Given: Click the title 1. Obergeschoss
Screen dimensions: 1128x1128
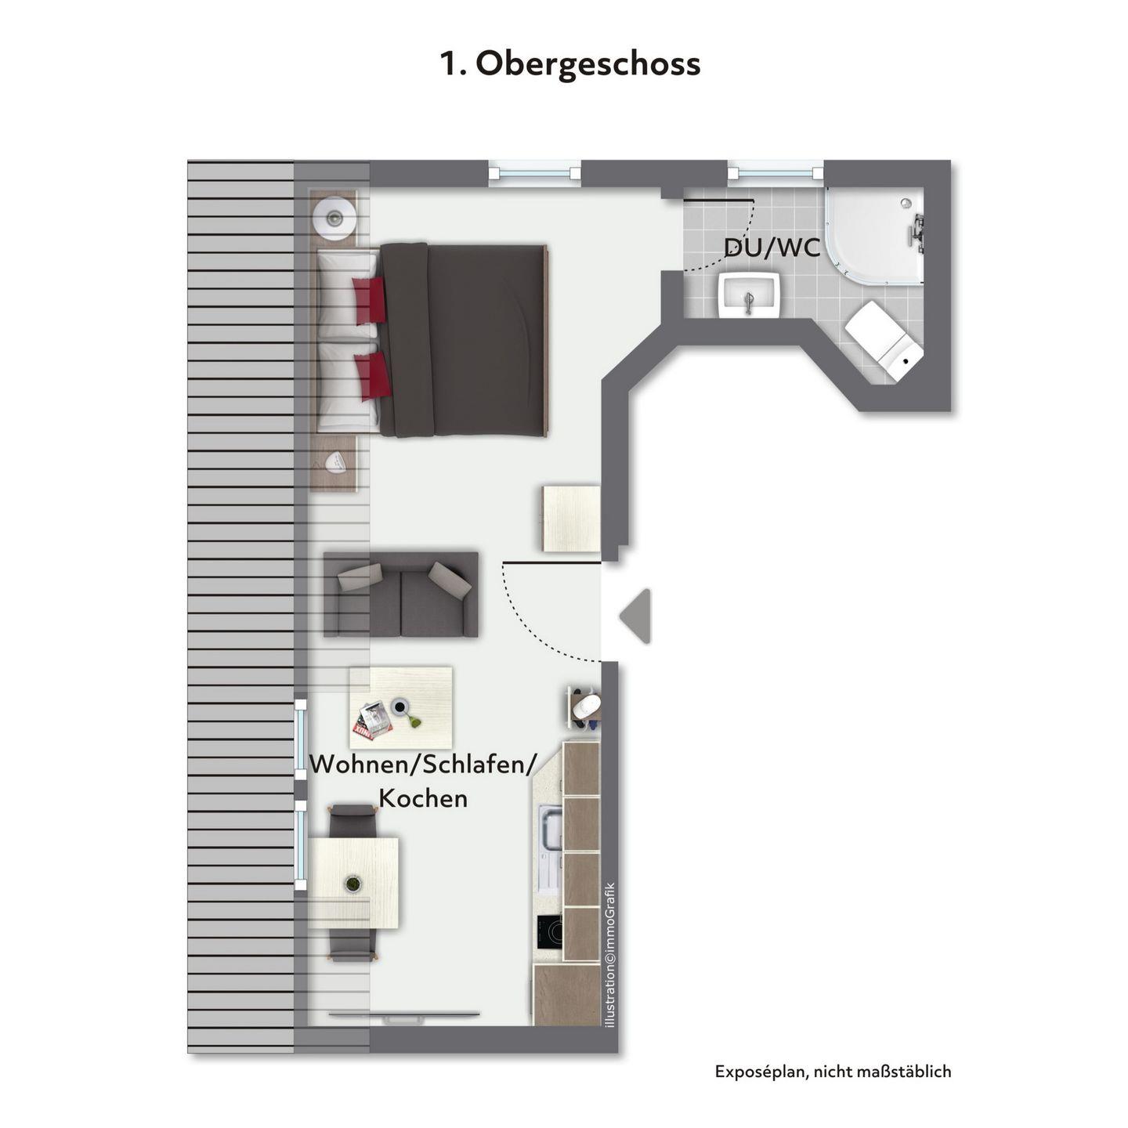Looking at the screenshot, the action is click(x=569, y=64).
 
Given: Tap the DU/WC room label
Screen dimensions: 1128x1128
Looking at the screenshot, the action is click(x=772, y=248).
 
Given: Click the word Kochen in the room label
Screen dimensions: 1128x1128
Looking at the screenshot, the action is click(x=423, y=798).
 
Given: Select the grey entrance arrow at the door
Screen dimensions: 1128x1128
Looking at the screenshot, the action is click(x=635, y=616).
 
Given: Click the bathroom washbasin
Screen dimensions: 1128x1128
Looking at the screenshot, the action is click(x=750, y=295).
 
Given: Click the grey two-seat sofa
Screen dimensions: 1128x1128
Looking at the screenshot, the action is click(x=401, y=594).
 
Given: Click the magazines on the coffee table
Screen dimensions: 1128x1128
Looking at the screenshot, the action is click(x=372, y=721).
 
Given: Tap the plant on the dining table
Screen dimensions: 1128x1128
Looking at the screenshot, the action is click(x=352, y=884).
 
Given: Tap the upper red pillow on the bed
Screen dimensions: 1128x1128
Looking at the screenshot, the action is click(x=370, y=299).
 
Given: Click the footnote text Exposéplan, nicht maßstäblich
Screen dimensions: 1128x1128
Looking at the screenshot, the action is click(x=833, y=1072).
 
